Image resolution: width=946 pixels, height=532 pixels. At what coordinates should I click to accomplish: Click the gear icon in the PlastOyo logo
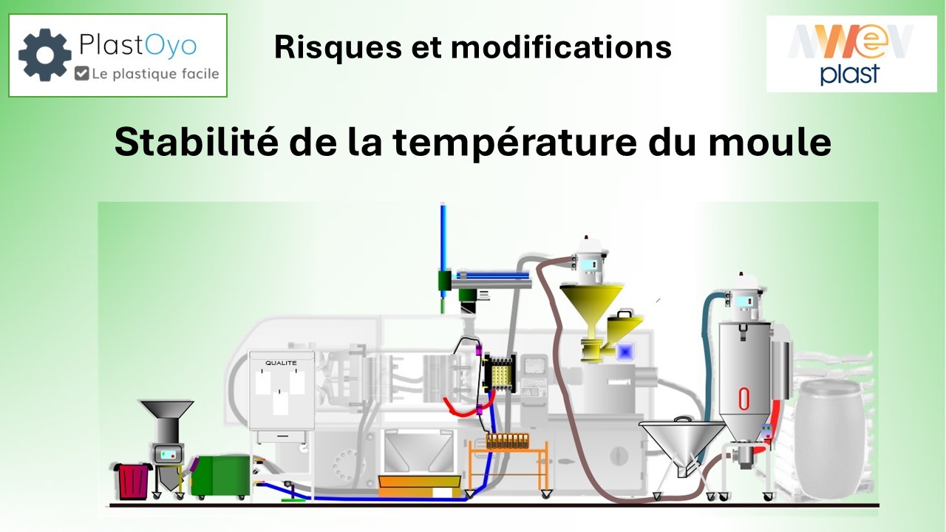tap(44, 55)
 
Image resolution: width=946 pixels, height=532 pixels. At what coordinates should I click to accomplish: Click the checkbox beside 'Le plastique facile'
tap(82, 73)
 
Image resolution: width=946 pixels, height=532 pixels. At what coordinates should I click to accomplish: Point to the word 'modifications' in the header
tap(561, 47)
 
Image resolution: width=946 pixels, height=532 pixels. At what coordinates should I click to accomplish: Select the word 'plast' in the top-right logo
tap(850, 74)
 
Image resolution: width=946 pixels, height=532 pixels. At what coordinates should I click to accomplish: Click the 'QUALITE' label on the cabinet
tap(281, 363)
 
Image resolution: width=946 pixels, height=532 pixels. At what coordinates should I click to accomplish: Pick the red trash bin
tap(133, 480)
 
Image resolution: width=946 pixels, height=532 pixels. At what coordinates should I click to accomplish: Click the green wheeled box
tap(220, 476)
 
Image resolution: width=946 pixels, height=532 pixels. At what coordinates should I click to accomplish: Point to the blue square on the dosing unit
tap(626, 352)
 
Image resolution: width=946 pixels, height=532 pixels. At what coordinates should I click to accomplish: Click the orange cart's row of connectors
tap(507, 440)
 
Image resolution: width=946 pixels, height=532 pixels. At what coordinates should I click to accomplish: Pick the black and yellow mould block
tap(497, 372)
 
